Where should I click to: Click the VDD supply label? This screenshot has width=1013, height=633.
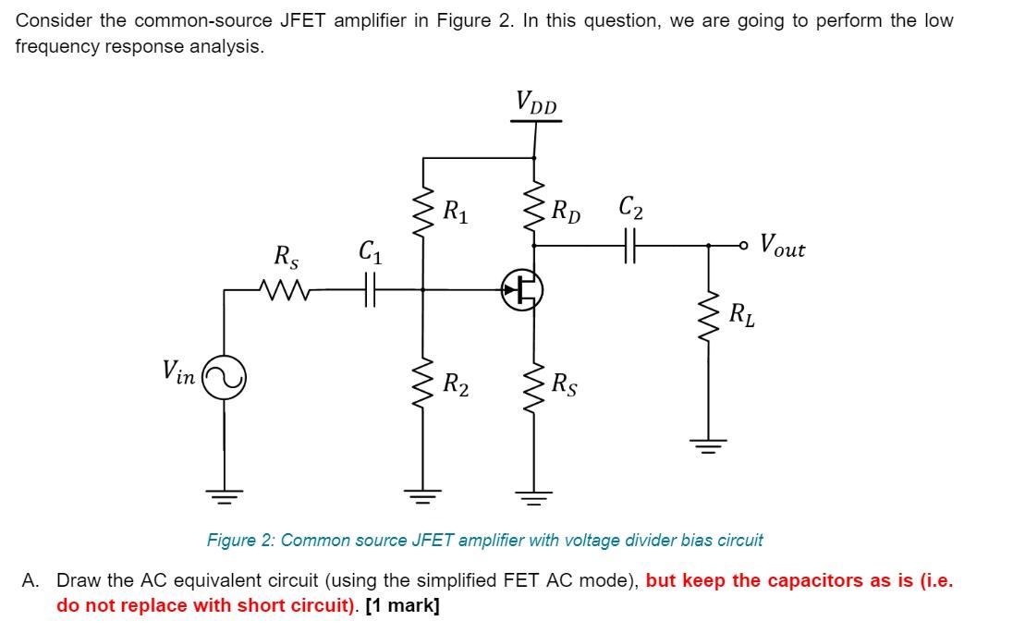pos(536,103)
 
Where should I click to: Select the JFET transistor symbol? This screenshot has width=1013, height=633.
pos(522,290)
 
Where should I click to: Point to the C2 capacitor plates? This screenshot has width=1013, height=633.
pos(630,247)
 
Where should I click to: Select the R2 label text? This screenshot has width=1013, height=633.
pos(456,383)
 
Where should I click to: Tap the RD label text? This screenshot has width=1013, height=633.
pos(566,212)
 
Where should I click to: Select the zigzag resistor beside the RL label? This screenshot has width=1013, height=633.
pos(710,317)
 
